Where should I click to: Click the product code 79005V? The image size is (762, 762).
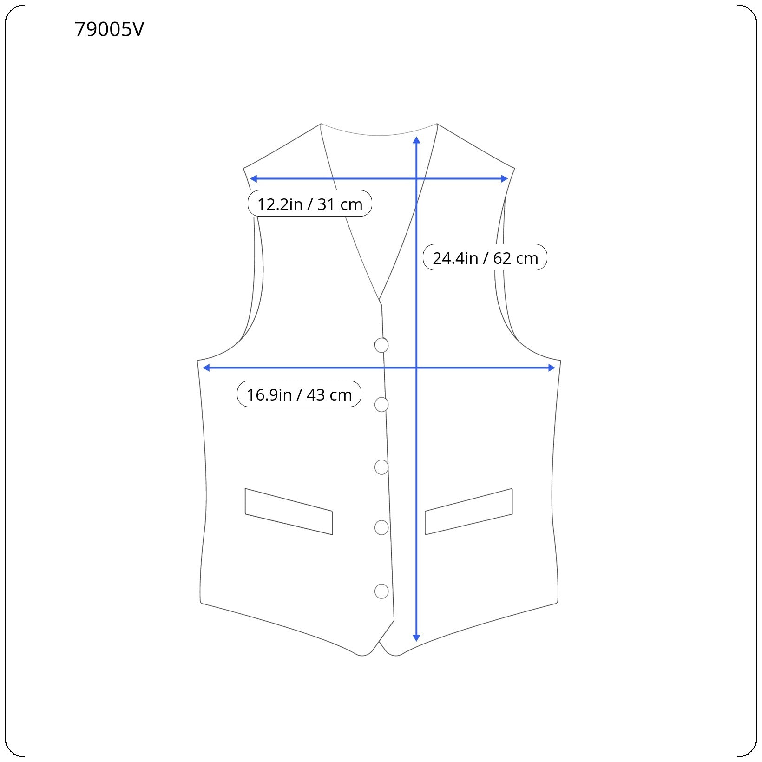coord(109,30)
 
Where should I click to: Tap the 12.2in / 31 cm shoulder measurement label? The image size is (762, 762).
coord(310,204)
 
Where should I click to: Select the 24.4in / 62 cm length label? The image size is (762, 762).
coord(485,257)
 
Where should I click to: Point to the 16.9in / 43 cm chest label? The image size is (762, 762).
coord(299,394)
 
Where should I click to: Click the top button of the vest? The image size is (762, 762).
coord(381,345)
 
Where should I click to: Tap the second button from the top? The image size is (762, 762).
coord(381,405)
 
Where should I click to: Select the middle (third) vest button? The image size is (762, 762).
coord(381,467)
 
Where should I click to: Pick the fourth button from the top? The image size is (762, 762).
coord(381,528)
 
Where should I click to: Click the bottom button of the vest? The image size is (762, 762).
coord(381,591)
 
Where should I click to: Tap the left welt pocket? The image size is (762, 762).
coord(289,512)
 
